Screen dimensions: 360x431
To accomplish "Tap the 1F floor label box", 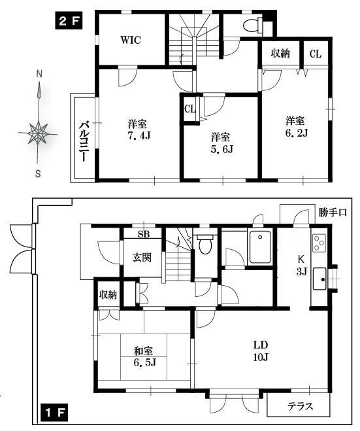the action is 54,412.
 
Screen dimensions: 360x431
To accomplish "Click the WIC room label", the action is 131,40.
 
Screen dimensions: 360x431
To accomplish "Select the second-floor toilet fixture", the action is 254,25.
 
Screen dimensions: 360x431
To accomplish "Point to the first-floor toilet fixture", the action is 205,243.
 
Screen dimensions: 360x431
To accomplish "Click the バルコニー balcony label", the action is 84,141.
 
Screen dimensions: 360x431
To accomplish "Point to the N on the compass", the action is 40,74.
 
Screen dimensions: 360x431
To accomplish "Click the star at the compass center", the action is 38,133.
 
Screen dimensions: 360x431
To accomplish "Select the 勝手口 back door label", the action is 333,212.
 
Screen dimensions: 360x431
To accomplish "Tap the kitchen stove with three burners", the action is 319,242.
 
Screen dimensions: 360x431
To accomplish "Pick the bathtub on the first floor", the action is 259,247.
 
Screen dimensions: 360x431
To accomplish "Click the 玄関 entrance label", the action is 142,258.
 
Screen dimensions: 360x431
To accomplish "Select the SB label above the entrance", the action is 144,234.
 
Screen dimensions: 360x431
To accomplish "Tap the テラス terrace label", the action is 300,406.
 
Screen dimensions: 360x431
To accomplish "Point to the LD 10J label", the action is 261,351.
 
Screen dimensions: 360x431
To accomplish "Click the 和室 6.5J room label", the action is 144,357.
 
